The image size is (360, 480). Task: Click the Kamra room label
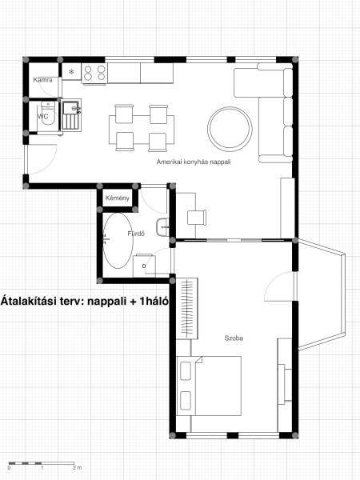[42, 80]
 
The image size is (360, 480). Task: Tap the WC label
[43, 117]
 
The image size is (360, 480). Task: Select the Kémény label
[118, 198]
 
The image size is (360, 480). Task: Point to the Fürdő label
[136, 234]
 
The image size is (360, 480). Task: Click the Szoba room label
[234, 338]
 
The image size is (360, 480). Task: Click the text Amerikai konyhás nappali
[193, 162]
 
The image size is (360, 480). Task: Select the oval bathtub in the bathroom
[118, 241]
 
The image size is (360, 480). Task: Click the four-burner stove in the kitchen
[94, 74]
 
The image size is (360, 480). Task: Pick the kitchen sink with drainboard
[71, 115]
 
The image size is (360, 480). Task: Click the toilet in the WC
[48, 114]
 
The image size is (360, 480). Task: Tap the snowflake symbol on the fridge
[71, 72]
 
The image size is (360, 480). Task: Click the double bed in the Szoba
[209, 386]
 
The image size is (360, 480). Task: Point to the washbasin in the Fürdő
[162, 227]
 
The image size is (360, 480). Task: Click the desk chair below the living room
[196, 217]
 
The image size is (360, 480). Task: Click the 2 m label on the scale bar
[77, 468]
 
